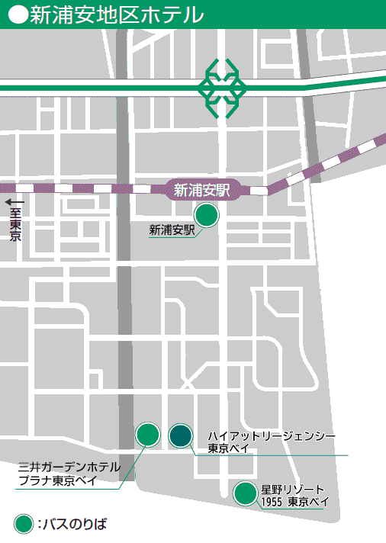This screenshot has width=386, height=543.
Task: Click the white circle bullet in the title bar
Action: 18,14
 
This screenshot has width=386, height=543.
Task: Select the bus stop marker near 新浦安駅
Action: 207,216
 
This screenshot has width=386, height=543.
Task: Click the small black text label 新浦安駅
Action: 172,229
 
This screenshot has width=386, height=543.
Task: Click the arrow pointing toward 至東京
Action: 14,202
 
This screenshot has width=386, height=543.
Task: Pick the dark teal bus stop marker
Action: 180,435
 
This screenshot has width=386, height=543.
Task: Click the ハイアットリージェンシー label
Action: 272,435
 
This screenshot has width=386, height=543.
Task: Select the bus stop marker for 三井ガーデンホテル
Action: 147,435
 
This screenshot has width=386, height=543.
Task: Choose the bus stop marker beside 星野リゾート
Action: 245,493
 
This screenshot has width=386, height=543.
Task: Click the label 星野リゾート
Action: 293,488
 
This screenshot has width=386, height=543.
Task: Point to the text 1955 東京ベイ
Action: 294,502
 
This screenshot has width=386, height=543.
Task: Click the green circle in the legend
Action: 24,524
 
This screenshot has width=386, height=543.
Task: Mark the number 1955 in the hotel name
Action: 272,502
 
